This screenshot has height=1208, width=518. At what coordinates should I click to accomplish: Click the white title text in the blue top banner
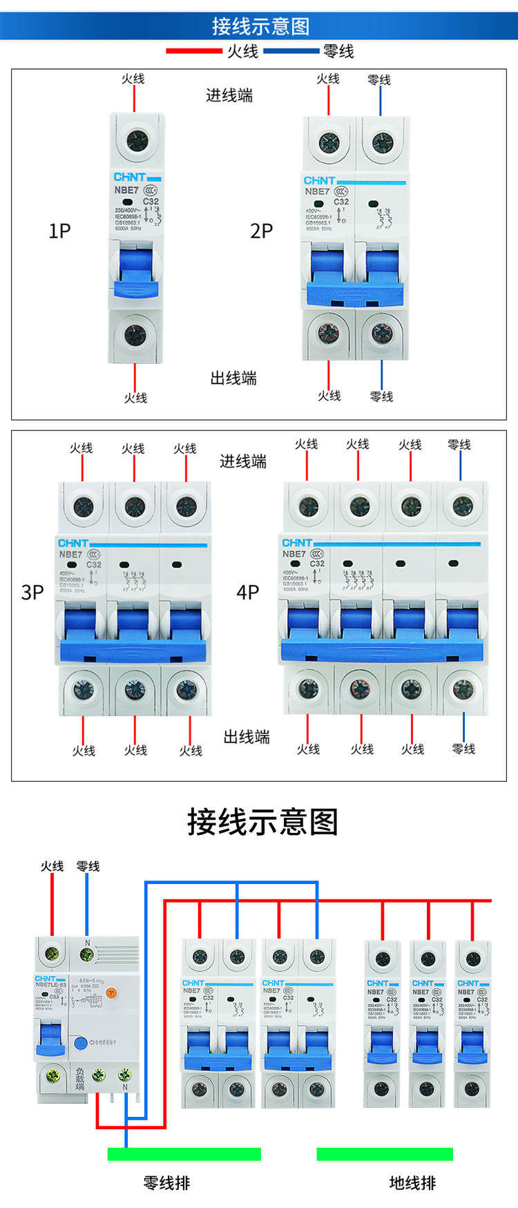[260, 26]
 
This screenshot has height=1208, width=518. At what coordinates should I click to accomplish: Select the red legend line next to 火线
[194, 50]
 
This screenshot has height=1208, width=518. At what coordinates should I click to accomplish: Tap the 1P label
[59, 231]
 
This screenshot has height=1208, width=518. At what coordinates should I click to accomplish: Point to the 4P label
[247, 592]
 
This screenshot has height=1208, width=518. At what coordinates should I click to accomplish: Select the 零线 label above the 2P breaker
[379, 79]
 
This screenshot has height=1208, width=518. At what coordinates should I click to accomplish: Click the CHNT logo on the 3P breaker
[73, 543]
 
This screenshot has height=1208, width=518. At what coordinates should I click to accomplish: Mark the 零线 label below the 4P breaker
[463, 749]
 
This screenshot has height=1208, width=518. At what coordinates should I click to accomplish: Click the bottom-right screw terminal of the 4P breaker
[463, 689]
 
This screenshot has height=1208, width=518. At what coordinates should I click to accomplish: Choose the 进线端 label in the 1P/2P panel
[229, 95]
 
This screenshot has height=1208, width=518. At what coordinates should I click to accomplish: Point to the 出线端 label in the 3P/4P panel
[247, 737]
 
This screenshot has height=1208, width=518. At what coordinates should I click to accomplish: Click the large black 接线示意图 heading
[262, 822]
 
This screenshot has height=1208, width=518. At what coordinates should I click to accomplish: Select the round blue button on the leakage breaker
[81, 1043]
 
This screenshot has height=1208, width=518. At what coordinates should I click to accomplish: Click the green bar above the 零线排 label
[184, 1154]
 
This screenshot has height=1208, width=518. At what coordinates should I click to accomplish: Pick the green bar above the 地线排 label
[385, 1154]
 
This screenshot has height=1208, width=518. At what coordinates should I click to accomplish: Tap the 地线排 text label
[412, 1183]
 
